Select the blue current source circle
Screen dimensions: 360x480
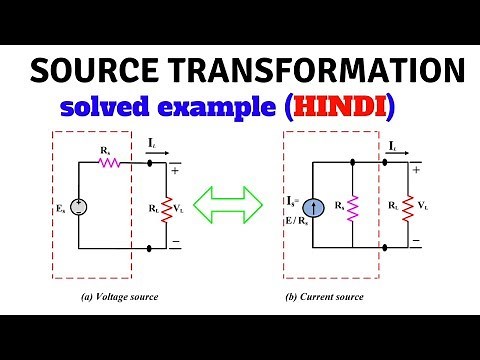click(x=317, y=208)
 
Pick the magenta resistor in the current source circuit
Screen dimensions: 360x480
click(x=352, y=208)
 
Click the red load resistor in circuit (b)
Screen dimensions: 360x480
click(x=409, y=208)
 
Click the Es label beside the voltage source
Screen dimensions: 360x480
click(x=58, y=209)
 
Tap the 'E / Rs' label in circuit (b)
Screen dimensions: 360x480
click(x=297, y=222)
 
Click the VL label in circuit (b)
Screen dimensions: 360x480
click(x=424, y=208)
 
